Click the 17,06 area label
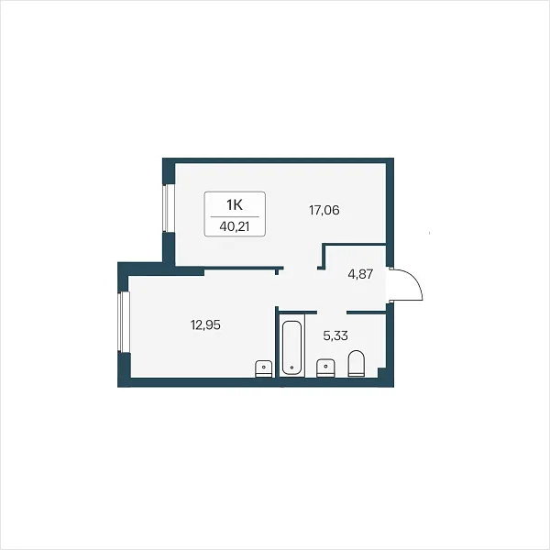324,211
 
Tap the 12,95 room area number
205,325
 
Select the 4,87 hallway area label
360,274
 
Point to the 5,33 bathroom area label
335,335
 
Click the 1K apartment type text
235,204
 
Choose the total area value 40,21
235,226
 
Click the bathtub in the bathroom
291,346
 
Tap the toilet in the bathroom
356,363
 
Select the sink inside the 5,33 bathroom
325,368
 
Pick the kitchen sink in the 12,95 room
264,368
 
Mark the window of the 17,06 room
169,208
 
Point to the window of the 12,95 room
124,322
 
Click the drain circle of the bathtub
292,368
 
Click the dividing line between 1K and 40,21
235,216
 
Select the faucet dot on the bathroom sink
326,366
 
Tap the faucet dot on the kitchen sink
264,367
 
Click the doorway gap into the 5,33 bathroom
332,312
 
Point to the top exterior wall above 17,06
278,160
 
